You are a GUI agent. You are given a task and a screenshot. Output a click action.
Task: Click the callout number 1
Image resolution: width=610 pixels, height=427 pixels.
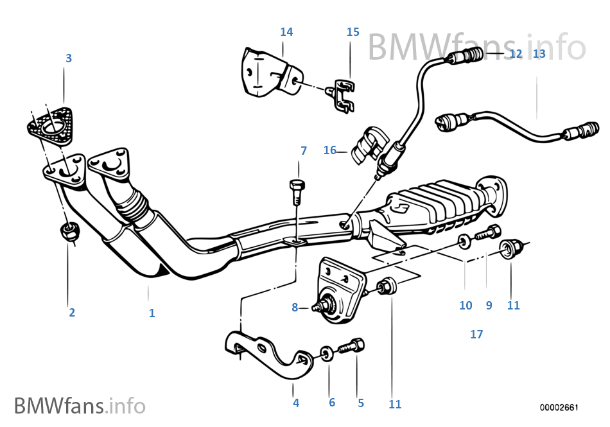coord(152,313)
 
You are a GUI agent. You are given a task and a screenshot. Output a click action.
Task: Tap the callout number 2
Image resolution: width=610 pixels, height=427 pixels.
coord(72,313)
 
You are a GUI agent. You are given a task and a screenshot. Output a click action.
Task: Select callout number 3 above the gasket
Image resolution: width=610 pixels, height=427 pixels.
coord(69,58)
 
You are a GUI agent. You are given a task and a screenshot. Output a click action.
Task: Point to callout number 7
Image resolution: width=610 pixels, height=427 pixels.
coord(304,150)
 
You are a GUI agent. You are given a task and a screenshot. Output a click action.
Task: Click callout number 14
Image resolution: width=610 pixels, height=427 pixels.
coord(286,31)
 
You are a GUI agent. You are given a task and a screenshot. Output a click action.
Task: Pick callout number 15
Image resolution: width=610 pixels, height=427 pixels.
coord(353,31)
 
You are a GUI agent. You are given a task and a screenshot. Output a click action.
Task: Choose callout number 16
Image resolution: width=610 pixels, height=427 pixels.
coord(330,150)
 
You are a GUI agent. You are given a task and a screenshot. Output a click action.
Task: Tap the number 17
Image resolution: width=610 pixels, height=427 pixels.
coord(476,334)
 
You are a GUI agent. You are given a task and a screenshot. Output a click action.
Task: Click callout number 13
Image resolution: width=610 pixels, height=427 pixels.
coord(539,54)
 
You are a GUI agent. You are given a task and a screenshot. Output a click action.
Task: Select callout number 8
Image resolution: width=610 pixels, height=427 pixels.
coord(295,308)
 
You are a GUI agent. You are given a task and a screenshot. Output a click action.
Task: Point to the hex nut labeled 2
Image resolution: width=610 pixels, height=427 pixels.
coord(69,232)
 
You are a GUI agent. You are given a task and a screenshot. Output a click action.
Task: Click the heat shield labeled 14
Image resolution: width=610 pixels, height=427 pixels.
coord(265,73)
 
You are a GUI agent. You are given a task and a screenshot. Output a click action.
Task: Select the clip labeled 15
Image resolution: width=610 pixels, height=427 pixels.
coord(344,96)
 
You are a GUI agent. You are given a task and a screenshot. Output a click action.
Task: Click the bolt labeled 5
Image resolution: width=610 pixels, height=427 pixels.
coord(352,347)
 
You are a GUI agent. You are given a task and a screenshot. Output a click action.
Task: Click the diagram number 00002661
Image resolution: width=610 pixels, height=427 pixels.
coord(559,408)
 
